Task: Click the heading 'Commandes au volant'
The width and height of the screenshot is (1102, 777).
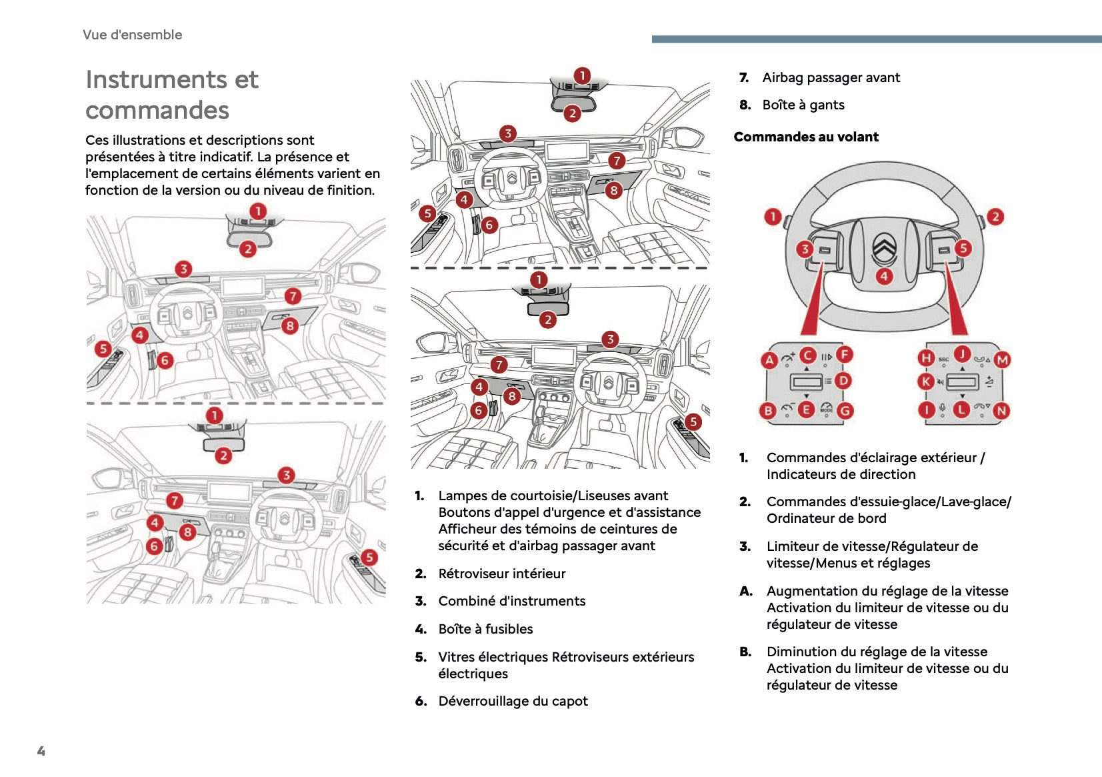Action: [x=806, y=137]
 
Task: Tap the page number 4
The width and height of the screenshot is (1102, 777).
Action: [x=41, y=751]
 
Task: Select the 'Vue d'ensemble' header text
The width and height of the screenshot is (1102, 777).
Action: [x=132, y=35]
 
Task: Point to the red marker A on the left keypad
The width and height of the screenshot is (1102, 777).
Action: [x=769, y=360]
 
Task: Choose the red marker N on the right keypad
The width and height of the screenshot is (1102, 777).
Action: [x=1001, y=412]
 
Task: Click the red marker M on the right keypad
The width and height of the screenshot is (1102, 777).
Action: [x=1002, y=360]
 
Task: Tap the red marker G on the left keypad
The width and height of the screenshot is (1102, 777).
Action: [x=845, y=411]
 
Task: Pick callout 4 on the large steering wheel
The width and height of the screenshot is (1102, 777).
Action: [x=884, y=276]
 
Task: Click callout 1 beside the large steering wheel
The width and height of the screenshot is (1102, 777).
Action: [x=773, y=216]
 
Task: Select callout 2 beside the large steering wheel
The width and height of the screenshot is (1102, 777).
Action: [x=995, y=216]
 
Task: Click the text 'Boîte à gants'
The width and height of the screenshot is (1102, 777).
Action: [x=803, y=105]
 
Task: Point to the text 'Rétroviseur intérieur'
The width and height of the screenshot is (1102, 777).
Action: [x=501, y=574]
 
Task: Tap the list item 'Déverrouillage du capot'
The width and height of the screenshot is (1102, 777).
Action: [x=513, y=701]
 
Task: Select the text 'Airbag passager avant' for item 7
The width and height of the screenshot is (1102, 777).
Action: [x=831, y=77]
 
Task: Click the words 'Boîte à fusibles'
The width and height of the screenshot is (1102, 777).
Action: [x=485, y=629]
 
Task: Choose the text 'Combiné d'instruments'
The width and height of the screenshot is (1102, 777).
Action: [x=511, y=601]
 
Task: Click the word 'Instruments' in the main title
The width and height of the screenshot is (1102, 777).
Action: [x=156, y=80]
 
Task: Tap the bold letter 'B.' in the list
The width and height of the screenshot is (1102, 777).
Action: [x=745, y=652]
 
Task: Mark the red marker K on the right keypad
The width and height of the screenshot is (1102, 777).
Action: [x=925, y=381]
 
